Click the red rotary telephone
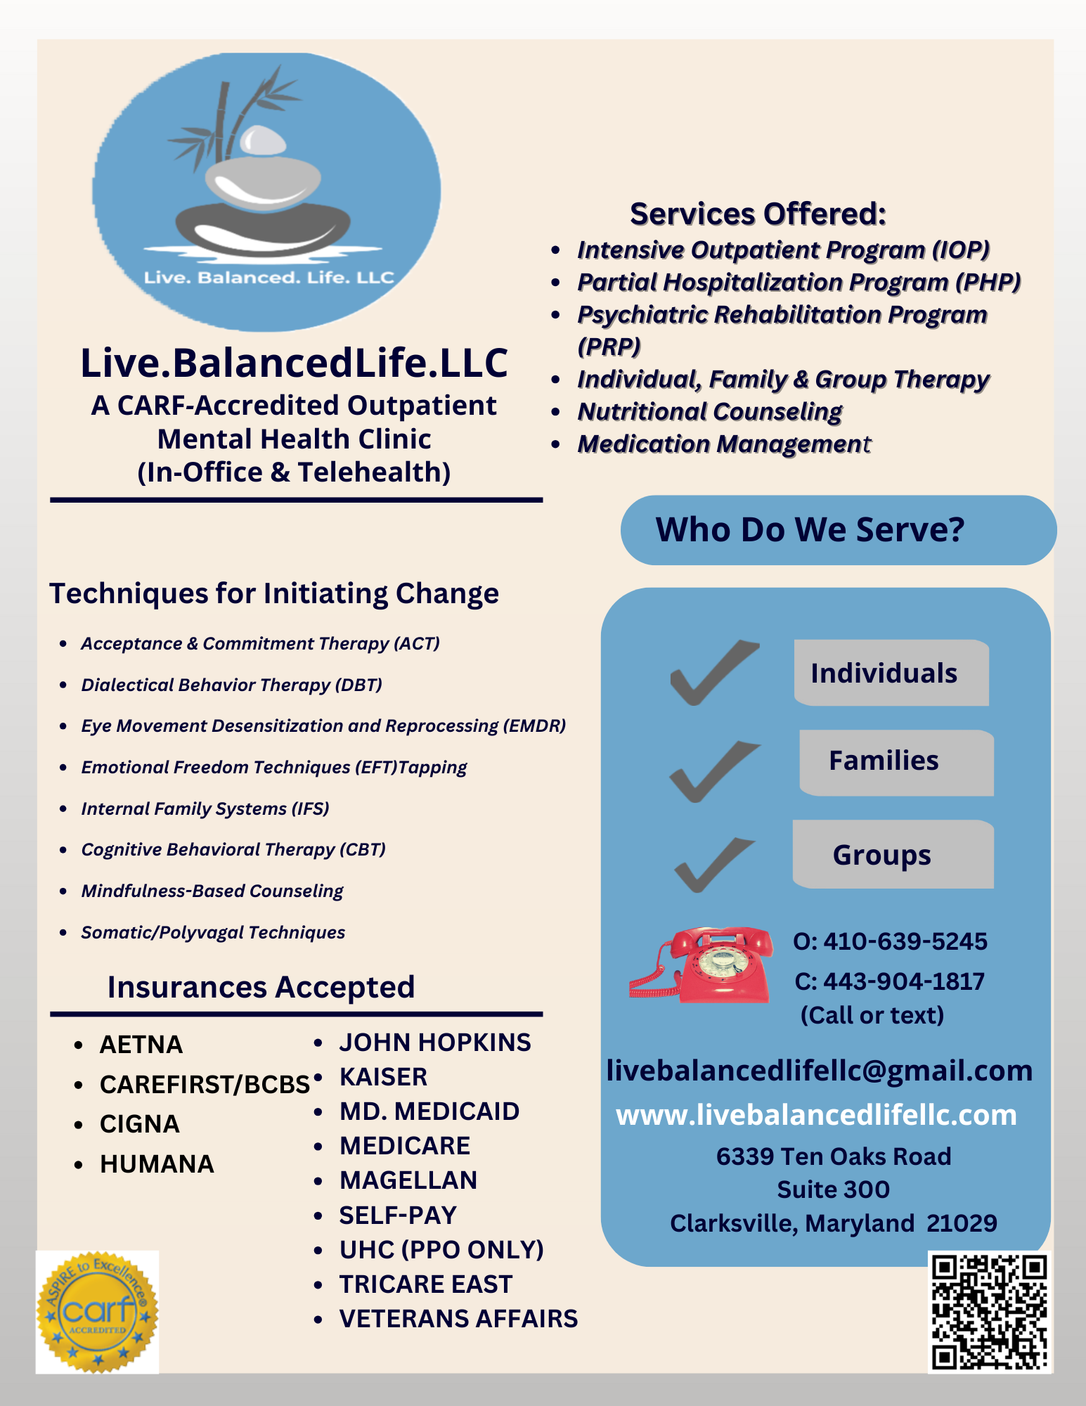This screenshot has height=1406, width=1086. (x=703, y=965)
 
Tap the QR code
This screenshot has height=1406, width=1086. (x=989, y=1312)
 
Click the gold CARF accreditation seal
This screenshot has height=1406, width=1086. (x=97, y=1312)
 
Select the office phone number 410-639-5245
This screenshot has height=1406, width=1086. (x=905, y=941)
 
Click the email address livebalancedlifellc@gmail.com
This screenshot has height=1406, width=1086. (x=820, y=1071)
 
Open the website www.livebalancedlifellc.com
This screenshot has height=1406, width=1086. (x=816, y=1115)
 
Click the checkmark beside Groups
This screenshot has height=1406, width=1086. (x=713, y=864)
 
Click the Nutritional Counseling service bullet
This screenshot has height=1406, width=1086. (x=709, y=412)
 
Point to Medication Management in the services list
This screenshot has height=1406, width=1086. (x=723, y=444)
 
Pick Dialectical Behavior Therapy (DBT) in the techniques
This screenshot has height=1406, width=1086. (x=231, y=685)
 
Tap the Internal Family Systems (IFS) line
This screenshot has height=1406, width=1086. (x=205, y=808)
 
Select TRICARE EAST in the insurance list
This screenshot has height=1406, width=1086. (x=425, y=1284)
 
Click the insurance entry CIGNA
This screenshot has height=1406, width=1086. (x=139, y=1124)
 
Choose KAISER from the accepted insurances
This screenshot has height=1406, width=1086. (x=383, y=1077)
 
